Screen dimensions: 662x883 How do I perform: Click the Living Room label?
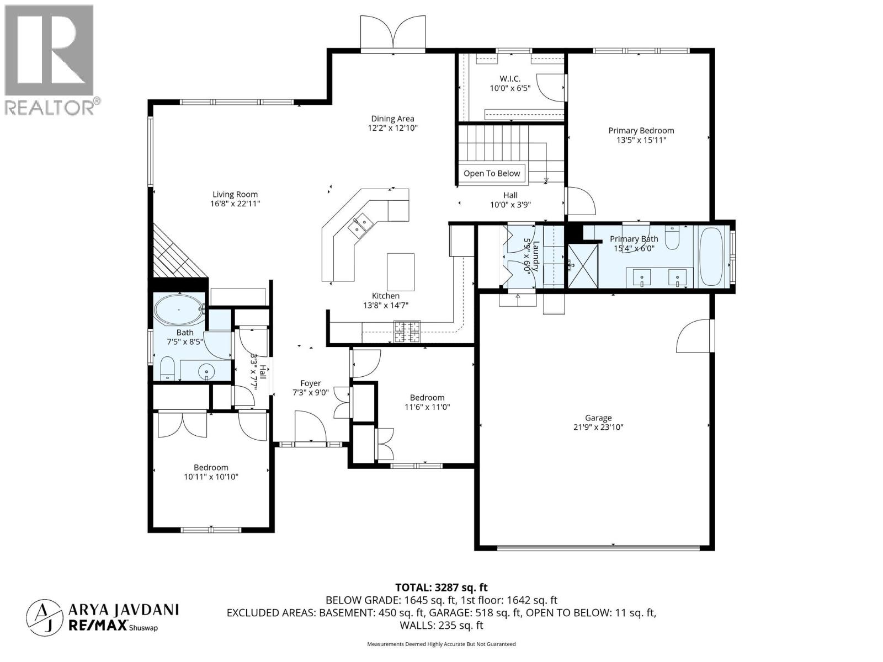tap(235, 194)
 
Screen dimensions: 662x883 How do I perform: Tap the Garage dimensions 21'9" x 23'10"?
tap(598, 427)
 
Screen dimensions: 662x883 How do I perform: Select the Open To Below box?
tap(491, 173)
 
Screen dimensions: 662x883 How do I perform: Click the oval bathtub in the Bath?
tap(178, 311)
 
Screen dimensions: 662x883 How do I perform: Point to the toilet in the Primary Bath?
tap(672, 238)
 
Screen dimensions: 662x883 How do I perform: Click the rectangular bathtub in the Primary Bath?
tap(711, 257)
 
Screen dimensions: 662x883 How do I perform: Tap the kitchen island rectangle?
tap(401, 271)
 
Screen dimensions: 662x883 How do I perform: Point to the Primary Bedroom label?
tap(641, 131)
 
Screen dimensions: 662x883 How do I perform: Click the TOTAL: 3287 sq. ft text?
tap(441, 588)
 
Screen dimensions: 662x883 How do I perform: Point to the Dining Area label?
tap(392, 119)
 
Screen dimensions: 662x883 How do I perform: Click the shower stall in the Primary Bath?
tap(583, 265)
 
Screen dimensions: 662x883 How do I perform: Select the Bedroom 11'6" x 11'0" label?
tap(427, 398)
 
